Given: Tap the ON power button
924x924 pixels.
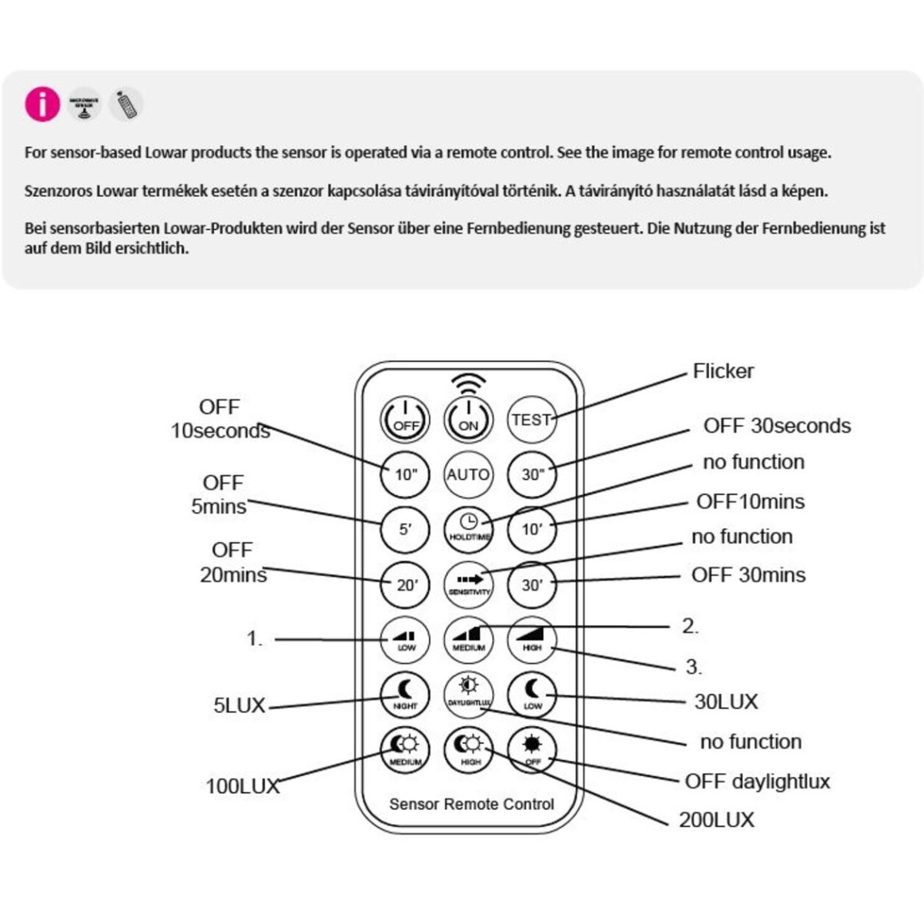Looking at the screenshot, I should click(x=468, y=420).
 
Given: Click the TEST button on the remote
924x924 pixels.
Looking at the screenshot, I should click(x=531, y=420).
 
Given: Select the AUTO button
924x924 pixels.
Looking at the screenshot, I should click(x=468, y=474).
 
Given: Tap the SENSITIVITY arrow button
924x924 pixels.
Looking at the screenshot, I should click(x=468, y=584).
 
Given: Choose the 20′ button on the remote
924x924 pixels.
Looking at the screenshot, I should click(x=406, y=584).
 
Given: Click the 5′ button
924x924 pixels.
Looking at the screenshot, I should click(x=406, y=530).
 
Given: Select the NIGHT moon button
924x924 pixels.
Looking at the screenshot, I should click(x=405, y=694).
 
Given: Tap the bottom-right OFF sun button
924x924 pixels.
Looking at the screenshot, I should click(x=532, y=748).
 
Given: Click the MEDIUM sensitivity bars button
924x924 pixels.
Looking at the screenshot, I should click(x=468, y=639).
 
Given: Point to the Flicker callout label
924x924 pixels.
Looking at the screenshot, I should click(x=722, y=371).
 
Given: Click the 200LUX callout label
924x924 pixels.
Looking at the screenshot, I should click(x=716, y=820).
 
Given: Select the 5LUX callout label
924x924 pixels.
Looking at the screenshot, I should click(x=239, y=705).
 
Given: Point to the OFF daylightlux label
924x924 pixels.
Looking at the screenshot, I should click(x=757, y=782).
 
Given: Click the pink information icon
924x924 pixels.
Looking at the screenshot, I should click(x=42, y=104).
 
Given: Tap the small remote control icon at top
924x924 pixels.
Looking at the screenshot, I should click(x=126, y=104).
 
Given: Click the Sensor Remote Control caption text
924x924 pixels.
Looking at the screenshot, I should click(x=471, y=805).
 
